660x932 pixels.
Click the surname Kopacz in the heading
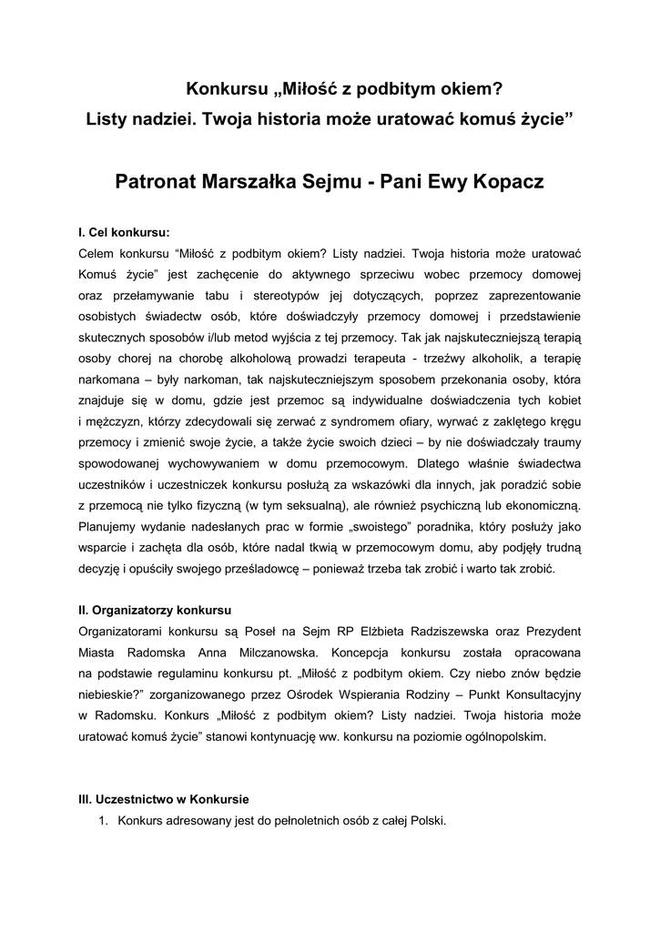[506, 182]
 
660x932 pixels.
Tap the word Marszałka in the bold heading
[252, 182]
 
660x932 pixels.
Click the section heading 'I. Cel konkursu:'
[125, 231]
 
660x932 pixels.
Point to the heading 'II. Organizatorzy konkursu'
[157, 608]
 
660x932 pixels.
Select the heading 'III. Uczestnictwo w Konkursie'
[165, 799]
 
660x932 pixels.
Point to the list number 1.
[103, 821]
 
